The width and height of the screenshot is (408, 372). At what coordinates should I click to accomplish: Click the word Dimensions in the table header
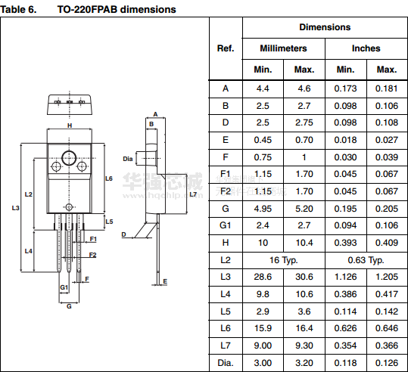(x=325, y=27)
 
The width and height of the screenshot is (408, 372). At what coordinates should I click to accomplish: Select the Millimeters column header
(x=283, y=48)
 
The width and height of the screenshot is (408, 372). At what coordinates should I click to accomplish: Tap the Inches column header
(x=366, y=48)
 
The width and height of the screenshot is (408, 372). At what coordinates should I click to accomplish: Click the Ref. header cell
(x=226, y=48)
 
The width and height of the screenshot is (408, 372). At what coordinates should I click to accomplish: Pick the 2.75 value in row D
(x=304, y=122)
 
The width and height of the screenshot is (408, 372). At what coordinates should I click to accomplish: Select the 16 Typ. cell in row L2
(x=283, y=260)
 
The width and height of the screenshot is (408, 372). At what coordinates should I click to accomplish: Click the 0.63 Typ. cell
(x=366, y=260)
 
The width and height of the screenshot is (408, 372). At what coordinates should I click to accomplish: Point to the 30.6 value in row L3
(x=304, y=277)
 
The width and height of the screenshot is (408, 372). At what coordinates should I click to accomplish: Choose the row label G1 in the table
(x=226, y=225)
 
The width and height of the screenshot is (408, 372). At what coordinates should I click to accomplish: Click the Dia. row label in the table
(x=226, y=363)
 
